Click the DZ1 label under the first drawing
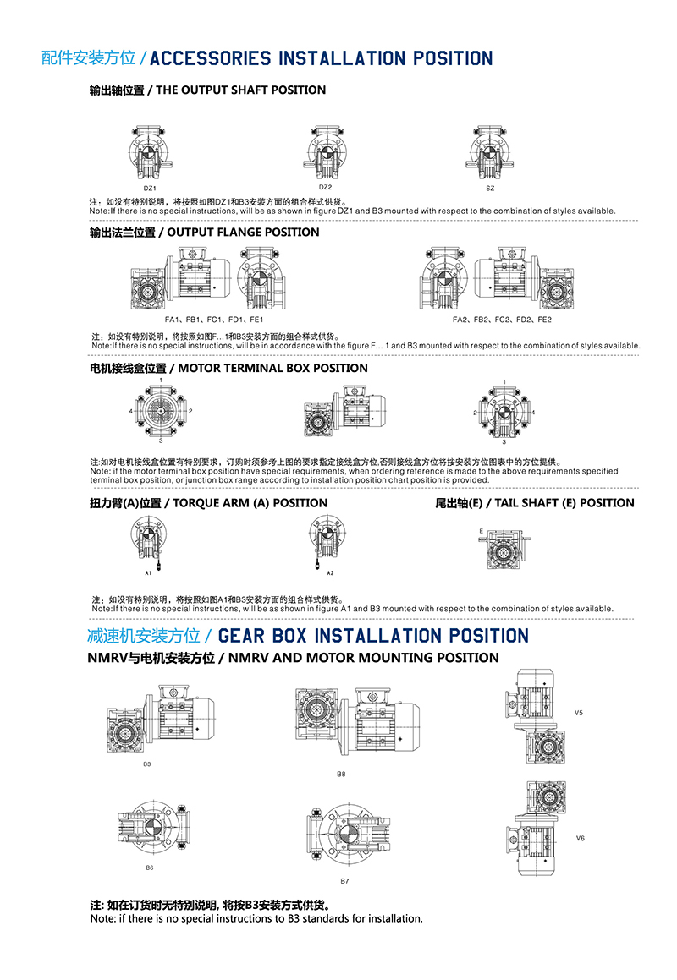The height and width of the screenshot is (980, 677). (150, 188)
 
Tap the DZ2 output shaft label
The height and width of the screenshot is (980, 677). (325, 187)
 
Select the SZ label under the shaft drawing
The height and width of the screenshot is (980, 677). (490, 189)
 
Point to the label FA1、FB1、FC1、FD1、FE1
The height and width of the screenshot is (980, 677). (214, 320)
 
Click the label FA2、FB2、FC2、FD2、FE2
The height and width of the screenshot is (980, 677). (502, 320)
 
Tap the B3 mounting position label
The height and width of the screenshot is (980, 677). (146, 764)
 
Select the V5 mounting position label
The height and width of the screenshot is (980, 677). (579, 713)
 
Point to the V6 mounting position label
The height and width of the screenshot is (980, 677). (580, 839)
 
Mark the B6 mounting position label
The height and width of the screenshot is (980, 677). (149, 868)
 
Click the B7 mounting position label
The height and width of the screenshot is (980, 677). (344, 881)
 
